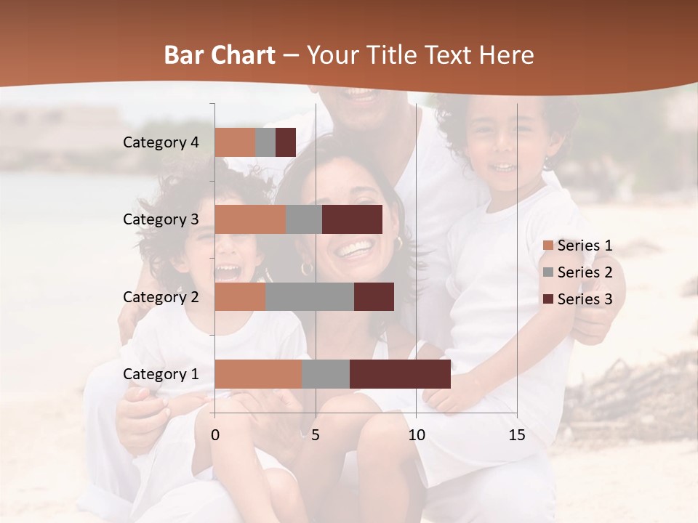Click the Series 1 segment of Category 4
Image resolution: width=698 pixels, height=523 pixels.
pos(235,142)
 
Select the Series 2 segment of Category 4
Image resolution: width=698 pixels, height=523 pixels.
pos(265,142)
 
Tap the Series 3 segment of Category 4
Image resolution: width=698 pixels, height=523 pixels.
pos(286,142)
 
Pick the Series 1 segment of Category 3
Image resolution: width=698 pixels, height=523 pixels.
pos(250,219)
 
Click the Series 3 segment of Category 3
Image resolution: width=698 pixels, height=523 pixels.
pos(352,219)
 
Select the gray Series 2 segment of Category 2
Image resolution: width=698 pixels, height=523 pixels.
pos(310,297)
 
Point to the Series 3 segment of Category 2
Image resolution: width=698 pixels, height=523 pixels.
pos(374,297)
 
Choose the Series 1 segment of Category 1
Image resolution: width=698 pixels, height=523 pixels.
pos(258,374)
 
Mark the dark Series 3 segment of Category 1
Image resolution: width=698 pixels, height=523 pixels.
pos(400,374)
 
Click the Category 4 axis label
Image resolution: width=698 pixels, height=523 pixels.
pos(161,142)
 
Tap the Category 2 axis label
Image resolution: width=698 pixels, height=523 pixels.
pos(161,297)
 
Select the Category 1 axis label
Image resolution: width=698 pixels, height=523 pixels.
pos(161,374)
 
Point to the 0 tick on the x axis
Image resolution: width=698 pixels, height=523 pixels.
pos(215,436)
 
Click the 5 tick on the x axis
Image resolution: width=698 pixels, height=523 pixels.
pos(316,436)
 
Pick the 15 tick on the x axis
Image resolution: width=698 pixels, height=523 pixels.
pos(517,436)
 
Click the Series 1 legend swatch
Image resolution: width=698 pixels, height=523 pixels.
pos(547,246)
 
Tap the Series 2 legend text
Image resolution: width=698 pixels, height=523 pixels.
pos(585,272)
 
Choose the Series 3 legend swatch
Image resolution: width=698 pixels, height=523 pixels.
pos(547,299)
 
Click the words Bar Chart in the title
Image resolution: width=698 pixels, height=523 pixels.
pos(220,55)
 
